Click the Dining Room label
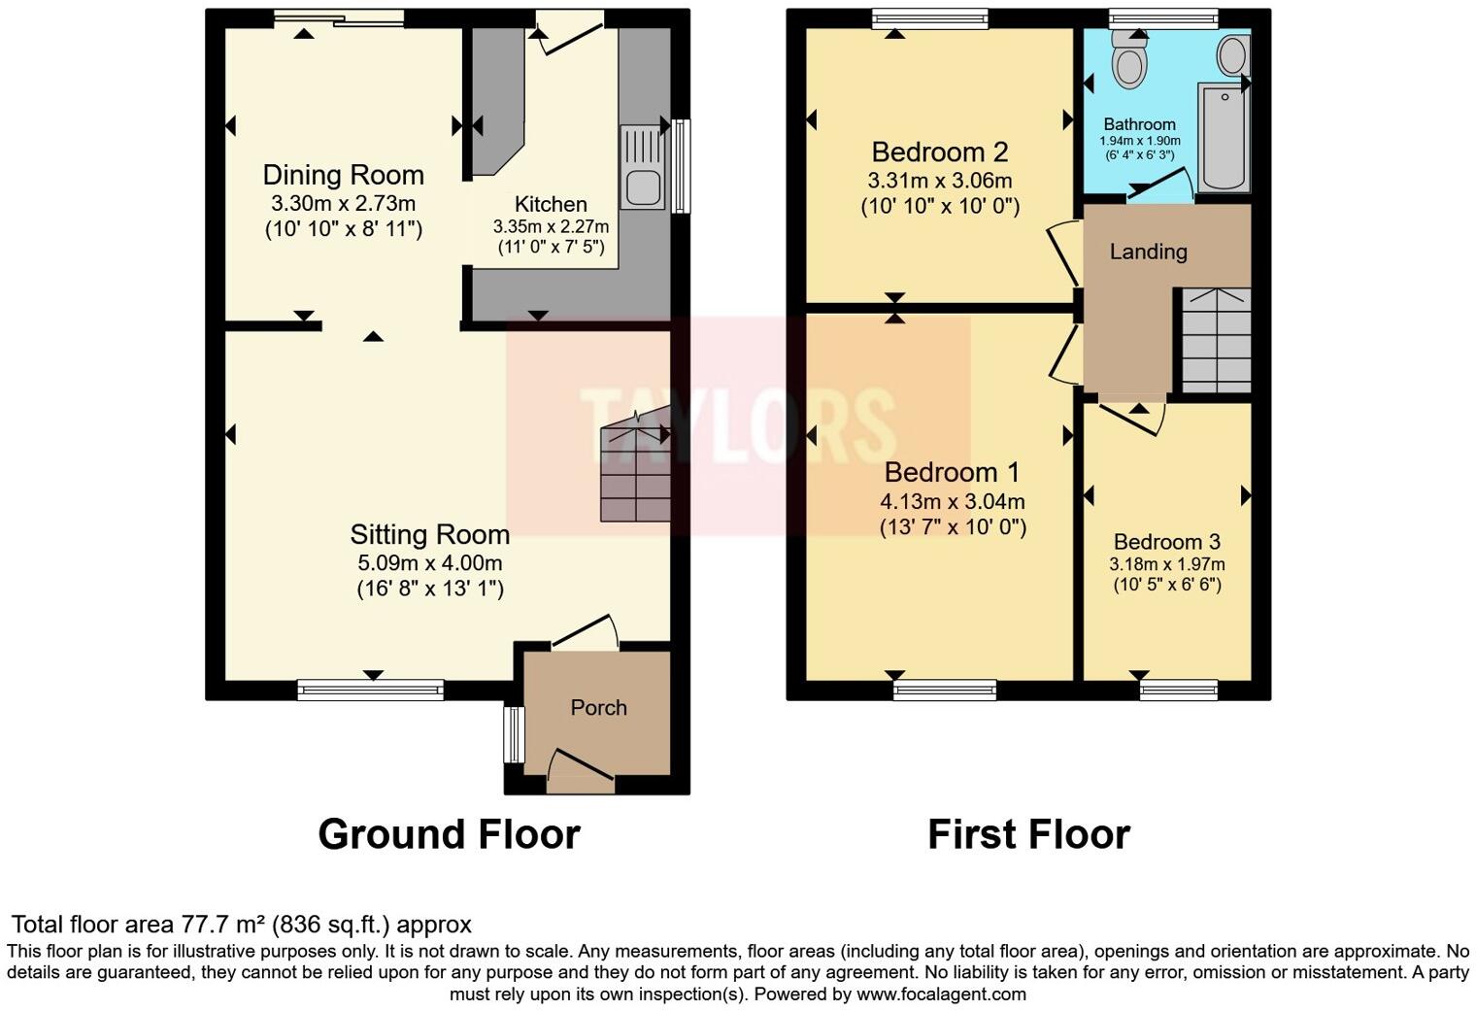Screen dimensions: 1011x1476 pyautogui.click(x=343, y=175)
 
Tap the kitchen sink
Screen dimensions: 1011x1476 pyautogui.click(x=642, y=167)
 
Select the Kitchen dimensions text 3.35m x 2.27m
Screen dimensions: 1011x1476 pyautogui.click(x=551, y=226)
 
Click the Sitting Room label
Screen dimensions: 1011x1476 pyautogui.click(x=429, y=534)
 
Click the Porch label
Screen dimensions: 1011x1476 pyautogui.click(x=598, y=708)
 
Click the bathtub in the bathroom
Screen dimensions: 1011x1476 pyautogui.click(x=1224, y=136)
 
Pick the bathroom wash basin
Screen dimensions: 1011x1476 pyautogui.click(x=1232, y=55)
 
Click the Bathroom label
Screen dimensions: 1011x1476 pyautogui.click(x=1139, y=124)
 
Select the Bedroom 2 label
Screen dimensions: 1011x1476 pyautogui.click(x=939, y=152)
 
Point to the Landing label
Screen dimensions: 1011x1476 pyautogui.click(x=1148, y=252)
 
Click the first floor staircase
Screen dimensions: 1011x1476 pyautogui.click(x=1215, y=341)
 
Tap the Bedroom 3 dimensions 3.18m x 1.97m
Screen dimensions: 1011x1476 pyautogui.click(x=1167, y=564)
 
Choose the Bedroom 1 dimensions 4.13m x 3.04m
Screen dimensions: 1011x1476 pyautogui.click(x=952, y=502)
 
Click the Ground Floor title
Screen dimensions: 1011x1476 pyautogui.click(x=449, y=834)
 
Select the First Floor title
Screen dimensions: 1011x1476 pyautogui.click(x=1028, y=834)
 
